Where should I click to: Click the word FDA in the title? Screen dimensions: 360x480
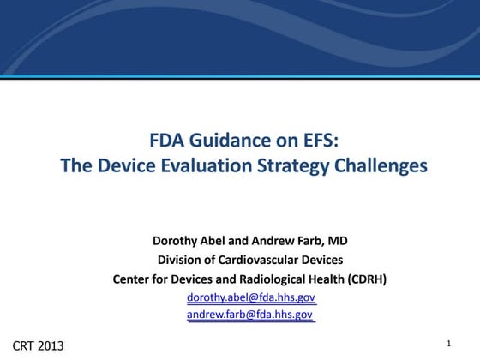coord(166,141)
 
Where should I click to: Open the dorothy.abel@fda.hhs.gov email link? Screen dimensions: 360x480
coord(251,297)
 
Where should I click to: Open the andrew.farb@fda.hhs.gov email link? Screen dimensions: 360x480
coord(250,315)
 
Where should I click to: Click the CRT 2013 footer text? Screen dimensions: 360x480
coord(38,345)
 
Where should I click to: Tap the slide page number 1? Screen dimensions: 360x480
coord(448,344)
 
